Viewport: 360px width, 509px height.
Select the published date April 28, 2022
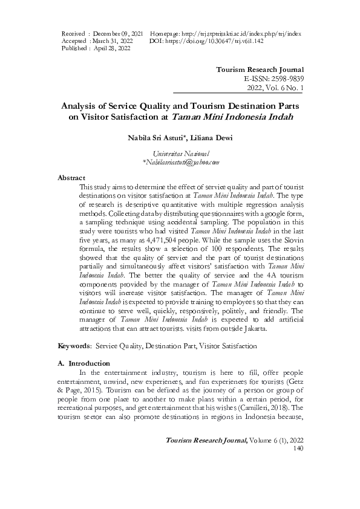point(111,48)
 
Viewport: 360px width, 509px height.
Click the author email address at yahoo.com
point(180,163)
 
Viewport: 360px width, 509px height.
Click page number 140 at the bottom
point(297,465)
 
